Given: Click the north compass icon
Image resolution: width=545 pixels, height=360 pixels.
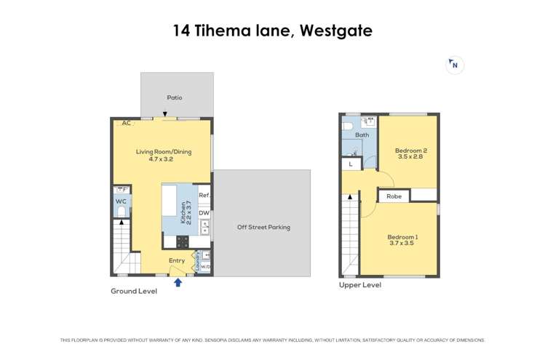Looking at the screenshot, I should click(455, 65).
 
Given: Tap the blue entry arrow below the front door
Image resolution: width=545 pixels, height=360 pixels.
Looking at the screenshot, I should click(178, 282).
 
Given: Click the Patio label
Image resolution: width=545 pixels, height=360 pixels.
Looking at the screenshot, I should click(175, 97).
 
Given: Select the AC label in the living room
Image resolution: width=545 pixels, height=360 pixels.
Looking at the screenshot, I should click(127, 123).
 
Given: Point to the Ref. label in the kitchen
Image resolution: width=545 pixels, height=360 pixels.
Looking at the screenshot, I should click(204, 195).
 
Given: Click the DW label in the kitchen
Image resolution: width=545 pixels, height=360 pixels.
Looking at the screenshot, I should click(204, 213).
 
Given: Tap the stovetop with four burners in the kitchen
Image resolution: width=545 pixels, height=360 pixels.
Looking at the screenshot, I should click(182, 242).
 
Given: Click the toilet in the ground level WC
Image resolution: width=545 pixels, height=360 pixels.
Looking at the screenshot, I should click(122, 212).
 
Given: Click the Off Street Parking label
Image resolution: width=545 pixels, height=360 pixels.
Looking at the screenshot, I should click(263, 227).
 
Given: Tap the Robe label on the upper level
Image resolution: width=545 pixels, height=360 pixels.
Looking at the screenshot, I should click(394, 196).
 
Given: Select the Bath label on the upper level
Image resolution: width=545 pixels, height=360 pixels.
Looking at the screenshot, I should click(362, 135).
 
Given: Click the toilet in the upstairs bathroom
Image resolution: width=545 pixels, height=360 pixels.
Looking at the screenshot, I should click(347, 125).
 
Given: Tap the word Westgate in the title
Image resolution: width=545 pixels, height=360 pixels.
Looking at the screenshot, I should click(336, 31).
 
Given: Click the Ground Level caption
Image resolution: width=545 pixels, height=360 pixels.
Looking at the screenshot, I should click(134, 291).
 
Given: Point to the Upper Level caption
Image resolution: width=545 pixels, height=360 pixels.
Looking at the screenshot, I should click(359, 285).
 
